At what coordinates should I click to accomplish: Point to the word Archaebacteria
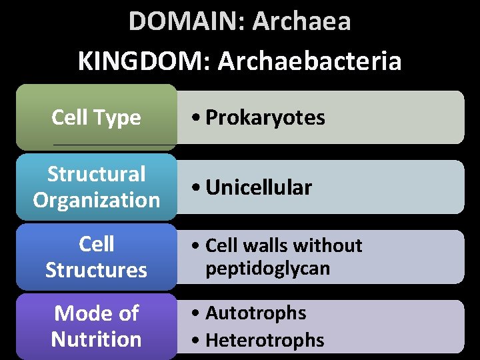[309, 61]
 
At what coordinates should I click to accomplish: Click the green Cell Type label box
[96, 117]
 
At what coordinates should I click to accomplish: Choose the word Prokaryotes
[265, 117]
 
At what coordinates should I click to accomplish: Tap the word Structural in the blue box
[96, 174]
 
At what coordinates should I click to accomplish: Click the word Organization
[96, 199]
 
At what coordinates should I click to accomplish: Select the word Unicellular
[259, 187]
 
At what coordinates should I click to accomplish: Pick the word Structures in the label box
[96, 270]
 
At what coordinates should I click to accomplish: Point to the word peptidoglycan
[267, 269]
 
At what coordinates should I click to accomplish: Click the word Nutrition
[96, 339]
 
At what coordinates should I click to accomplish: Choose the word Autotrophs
[255, 313]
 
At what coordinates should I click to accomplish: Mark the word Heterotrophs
[265, 340]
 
